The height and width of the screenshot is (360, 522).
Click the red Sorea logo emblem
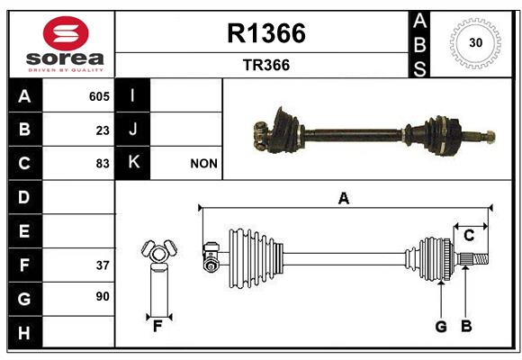[x=66, y=33]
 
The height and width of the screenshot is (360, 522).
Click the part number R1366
[x=266, y=33]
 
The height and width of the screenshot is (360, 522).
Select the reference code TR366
[x=266, y=65]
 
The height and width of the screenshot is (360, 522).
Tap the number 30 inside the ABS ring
[x=476, y=42]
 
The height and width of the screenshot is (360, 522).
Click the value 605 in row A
[x=99, y=96]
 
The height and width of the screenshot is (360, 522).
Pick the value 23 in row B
[x=103, y=130]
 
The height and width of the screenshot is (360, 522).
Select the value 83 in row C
[x=103, y=164]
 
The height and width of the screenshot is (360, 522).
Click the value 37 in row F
[x=103, y=265]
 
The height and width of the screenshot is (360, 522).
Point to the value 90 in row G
[x=103, y=296]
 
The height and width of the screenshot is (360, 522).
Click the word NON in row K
[x=203, y=164]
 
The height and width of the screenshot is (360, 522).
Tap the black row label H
[x=25, y=332]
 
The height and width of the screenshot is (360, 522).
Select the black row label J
[x=132, y=130]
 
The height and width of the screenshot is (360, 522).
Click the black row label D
[x=25, y=197]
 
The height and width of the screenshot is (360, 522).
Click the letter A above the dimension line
[x=344, y=199]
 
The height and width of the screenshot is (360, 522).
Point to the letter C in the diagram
[x=469, y=236]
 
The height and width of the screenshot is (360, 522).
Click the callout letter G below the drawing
[x=441, y=327]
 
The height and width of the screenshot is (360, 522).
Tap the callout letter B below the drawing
[x=466, y=326]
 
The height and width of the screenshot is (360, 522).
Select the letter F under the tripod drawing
[x=157, y=327]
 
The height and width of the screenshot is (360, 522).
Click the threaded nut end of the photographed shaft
[x=490, y=137]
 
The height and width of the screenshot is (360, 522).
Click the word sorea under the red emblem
[x=65, y=58]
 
